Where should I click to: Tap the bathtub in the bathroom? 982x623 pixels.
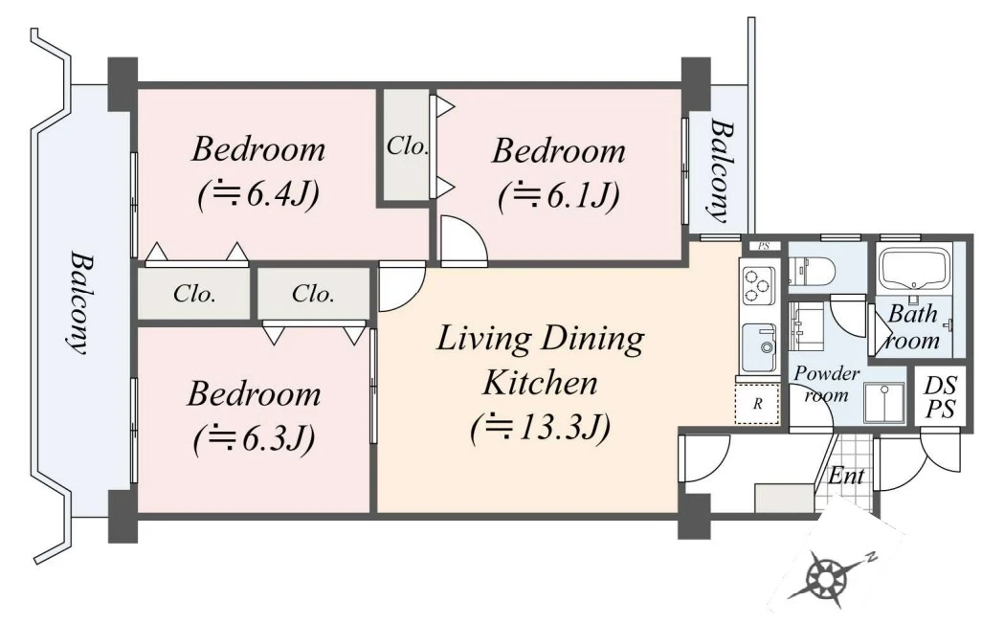click(x=913, y=268)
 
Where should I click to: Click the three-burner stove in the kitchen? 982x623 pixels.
click(x=759, y=285)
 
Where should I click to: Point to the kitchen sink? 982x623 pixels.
click(x=759, y=347)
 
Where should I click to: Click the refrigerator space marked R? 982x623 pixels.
click(x=757, y=404)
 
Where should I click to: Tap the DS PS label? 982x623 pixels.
click(x=940, y=397)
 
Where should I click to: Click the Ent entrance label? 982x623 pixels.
click(x=846, y=476)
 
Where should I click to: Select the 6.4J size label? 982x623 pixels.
click(x=258, y=194)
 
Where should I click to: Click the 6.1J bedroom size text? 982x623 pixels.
click(x=559, y=196)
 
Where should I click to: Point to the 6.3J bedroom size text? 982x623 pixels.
click(x=254, y=439)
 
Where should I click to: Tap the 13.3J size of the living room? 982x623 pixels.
click(x=539, y=429)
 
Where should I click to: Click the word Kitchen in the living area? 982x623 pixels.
click(x=539, y=383)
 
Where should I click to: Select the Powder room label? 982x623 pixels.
click(x=827, y=385)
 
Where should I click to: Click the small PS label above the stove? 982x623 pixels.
click(x=764, y=246)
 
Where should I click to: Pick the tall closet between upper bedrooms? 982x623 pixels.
click(x=406, y=145)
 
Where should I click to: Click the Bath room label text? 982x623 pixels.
click(x=913, y=327)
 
